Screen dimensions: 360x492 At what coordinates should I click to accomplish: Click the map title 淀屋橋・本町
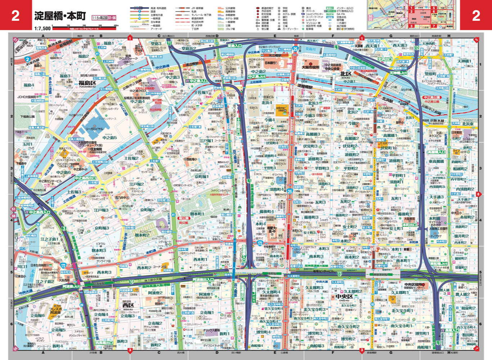point(60,15)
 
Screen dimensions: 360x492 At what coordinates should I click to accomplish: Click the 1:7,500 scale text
point(43,28)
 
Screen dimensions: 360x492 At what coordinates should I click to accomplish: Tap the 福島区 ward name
point(87,83)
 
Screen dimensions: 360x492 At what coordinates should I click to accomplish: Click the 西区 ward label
point(128,305)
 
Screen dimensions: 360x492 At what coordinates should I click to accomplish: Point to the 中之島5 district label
point(109,138)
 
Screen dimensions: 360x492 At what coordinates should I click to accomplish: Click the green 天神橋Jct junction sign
point(398,73)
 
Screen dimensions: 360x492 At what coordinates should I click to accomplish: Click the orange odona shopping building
point(281,108)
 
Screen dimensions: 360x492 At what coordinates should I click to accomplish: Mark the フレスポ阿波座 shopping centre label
point(57,310)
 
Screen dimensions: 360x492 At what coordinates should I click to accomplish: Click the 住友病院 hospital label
point(96,149)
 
